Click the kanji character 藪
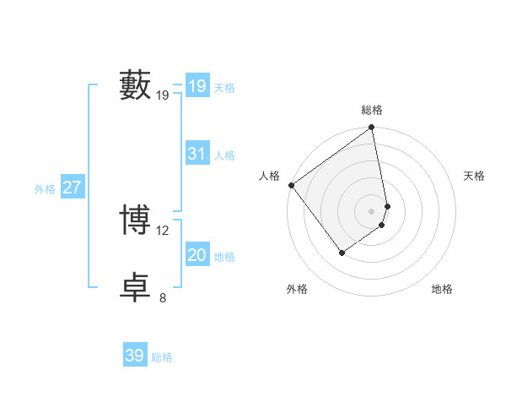tap(135, 86)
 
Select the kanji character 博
tap(135, 219)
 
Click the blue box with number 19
tap(196, 86)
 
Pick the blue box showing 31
tap(196, 154)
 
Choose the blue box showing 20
tap(196, 255)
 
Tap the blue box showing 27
tap(72, 188)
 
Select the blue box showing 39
tap(135, 356)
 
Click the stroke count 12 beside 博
tap(163, 230)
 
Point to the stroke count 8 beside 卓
tap(163, 297)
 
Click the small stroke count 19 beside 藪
tap(163, 95)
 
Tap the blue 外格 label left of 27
tap(45, 189)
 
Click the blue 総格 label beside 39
tap(162, 357)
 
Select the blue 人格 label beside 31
tap(224, 155)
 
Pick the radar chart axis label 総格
tap(372, 110)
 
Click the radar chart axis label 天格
tap(474, 176)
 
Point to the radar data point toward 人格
tap(291, 185)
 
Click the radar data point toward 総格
tap(372, 128)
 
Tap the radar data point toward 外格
tap(342, 252)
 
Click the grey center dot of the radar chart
tap(372, 210)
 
